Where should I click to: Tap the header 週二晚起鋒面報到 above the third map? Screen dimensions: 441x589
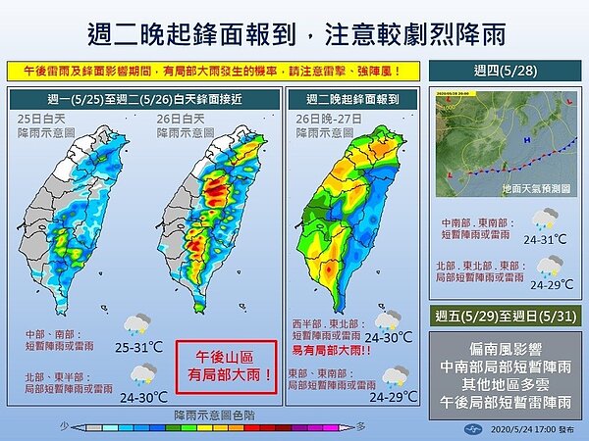tap(348, 98)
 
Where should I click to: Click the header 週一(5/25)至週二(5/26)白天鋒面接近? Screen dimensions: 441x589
tap(142, 98)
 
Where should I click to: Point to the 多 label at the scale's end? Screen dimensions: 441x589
tap(360, 427)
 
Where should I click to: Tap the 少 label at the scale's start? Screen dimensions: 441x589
tap(64, 427)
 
